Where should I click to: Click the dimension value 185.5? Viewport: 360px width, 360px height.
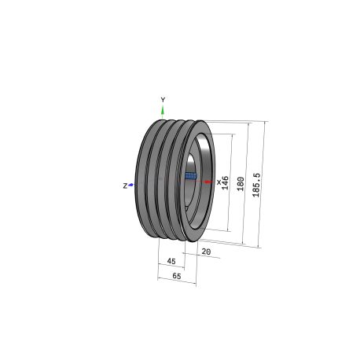[256, 185]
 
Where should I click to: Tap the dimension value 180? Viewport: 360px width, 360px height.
[241, 184]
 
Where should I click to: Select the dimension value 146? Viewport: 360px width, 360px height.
[225, 183]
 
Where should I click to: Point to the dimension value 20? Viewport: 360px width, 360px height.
[206, 252]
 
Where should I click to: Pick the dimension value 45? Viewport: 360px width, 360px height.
[171, 261]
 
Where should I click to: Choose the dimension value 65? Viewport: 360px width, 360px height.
[177, 276]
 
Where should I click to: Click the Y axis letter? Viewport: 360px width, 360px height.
[163, 100]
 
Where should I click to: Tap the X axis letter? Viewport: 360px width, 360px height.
[219, 182]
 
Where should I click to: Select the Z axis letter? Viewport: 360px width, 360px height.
[125, 186]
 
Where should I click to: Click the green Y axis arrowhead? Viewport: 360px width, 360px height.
[163, 110]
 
